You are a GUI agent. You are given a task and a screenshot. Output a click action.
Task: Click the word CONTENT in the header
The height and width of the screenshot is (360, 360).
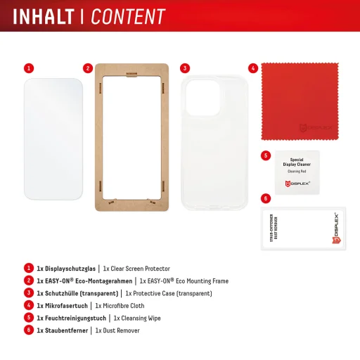[x=129, y=15]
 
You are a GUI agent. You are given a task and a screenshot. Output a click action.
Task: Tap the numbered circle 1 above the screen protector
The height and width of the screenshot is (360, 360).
[x=28, y=68]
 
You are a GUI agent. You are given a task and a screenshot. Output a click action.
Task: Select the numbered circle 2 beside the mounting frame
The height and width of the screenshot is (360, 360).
[x=88, y=68]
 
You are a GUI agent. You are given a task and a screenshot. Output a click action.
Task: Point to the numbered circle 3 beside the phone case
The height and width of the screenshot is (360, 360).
[x=184, y=68]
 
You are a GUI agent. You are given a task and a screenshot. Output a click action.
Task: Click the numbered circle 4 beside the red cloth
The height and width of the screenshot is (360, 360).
[x=252, y=68]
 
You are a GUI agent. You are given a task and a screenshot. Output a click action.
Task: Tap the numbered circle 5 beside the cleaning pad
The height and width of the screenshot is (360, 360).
[x=265, y=155]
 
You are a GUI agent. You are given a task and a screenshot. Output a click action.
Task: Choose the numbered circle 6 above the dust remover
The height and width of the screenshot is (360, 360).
[x=265, y=199]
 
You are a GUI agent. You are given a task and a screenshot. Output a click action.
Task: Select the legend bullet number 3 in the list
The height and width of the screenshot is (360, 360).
[x=29, y=293]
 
